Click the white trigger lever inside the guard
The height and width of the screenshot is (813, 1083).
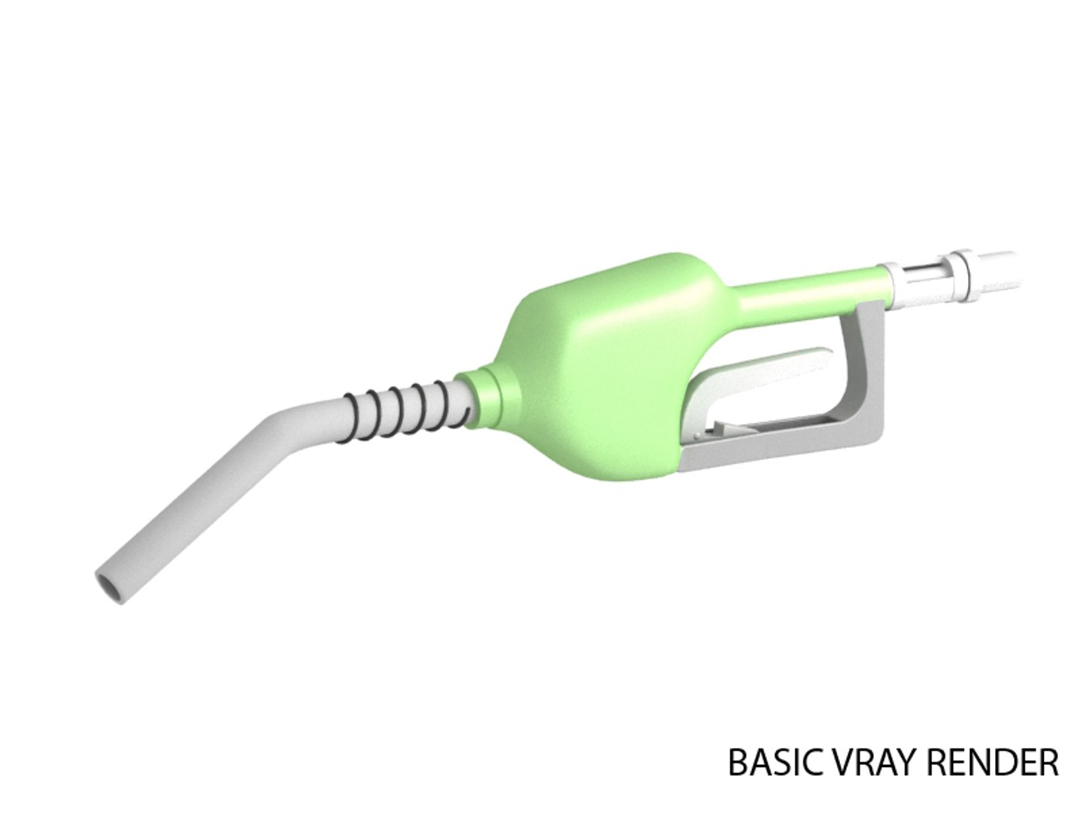760,368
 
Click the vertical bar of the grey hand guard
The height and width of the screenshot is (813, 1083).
865,361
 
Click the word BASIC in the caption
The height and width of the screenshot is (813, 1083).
771,763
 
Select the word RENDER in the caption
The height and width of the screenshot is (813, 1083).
992,763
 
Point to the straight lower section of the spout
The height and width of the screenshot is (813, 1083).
180,512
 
